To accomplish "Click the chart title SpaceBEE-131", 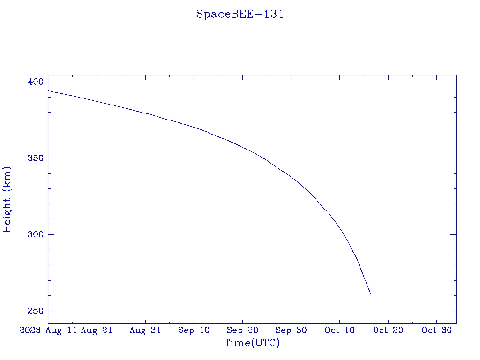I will pos(240,14).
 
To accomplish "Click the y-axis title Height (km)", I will pos(7,199).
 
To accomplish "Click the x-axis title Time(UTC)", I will pos(252,343).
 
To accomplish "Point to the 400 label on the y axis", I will pos(36,82).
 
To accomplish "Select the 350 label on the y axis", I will pos(36,158).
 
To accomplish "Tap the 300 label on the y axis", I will pos(36,235).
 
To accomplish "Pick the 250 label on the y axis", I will pos(36,311).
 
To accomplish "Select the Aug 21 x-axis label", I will pos(97,330).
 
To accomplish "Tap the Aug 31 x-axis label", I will pos(145,330).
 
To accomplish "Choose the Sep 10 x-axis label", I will pos(194,330).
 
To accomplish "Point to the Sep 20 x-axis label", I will pos(242,330).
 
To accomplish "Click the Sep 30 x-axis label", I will pos(291,330).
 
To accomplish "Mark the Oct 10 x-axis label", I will pos(339,330).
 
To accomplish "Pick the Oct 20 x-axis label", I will pos(388,330).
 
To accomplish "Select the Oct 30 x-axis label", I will pos(436,330).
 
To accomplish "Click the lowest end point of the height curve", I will pos(371,295).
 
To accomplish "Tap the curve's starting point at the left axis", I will pos(48,91).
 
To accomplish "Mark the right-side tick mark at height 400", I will pos(453,82).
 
